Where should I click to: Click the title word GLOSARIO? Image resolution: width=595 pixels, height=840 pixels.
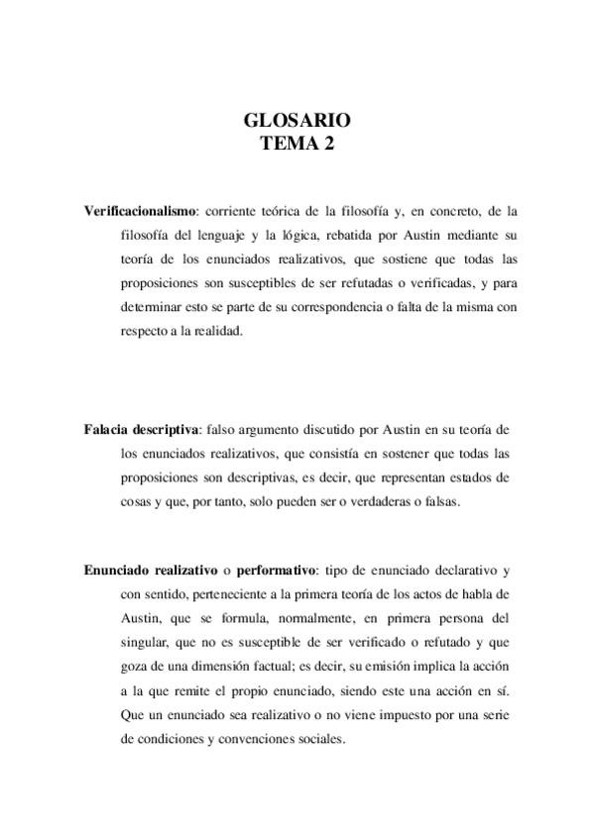(x=297, y=121)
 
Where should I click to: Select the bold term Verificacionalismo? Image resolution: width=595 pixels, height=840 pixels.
(x=140, y=211)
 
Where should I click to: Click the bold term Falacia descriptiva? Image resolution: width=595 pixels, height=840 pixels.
(x=142, y=429)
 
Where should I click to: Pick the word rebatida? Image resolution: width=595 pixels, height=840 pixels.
(x=345, y=235)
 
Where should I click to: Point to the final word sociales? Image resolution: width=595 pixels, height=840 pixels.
(x=314, y=738)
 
